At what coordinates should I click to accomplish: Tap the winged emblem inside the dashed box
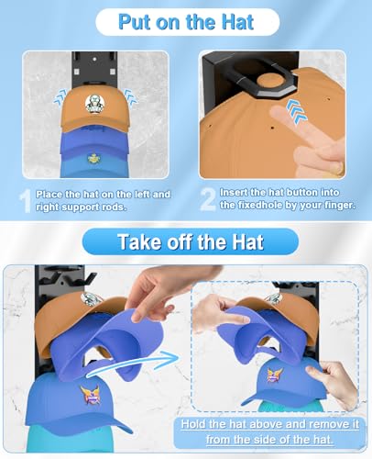pyautogui.click(x=274, y=374)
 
